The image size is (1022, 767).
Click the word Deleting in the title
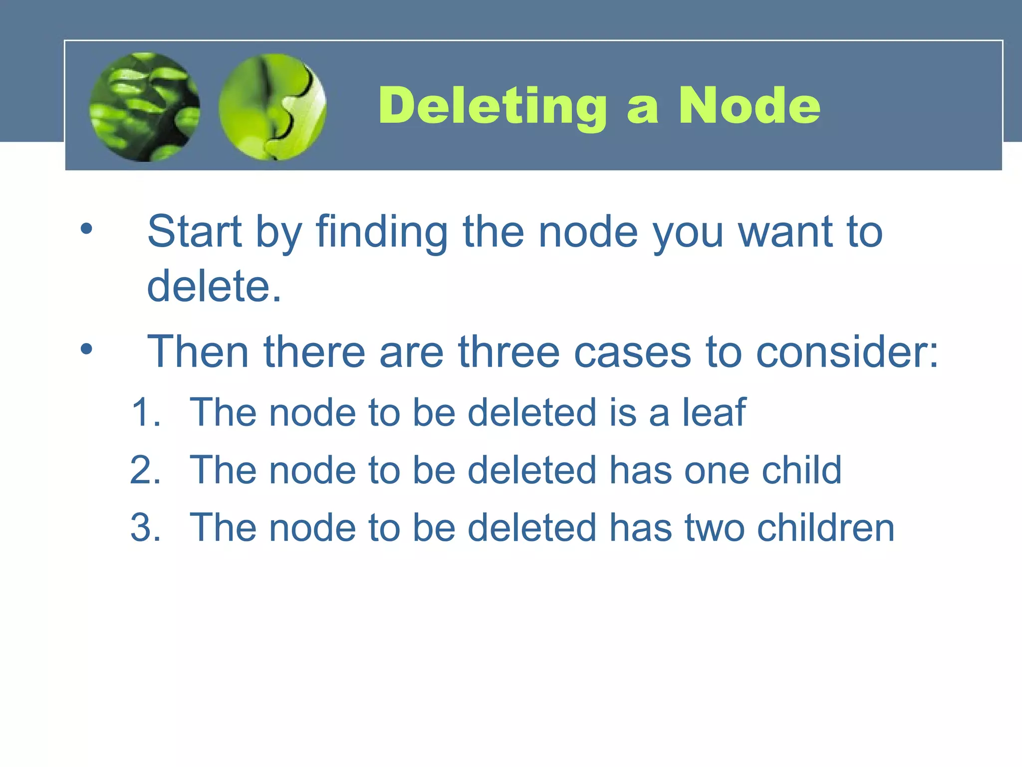click(492, 106)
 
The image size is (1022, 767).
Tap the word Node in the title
click(749, 106)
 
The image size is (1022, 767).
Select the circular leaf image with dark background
click(145, 107)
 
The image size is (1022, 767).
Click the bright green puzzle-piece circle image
click(272, 107)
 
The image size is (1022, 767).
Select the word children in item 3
click(825, 527)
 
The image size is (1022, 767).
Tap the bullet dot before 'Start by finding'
click(86, 229)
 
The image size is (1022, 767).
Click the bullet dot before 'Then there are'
click(86, 350)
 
